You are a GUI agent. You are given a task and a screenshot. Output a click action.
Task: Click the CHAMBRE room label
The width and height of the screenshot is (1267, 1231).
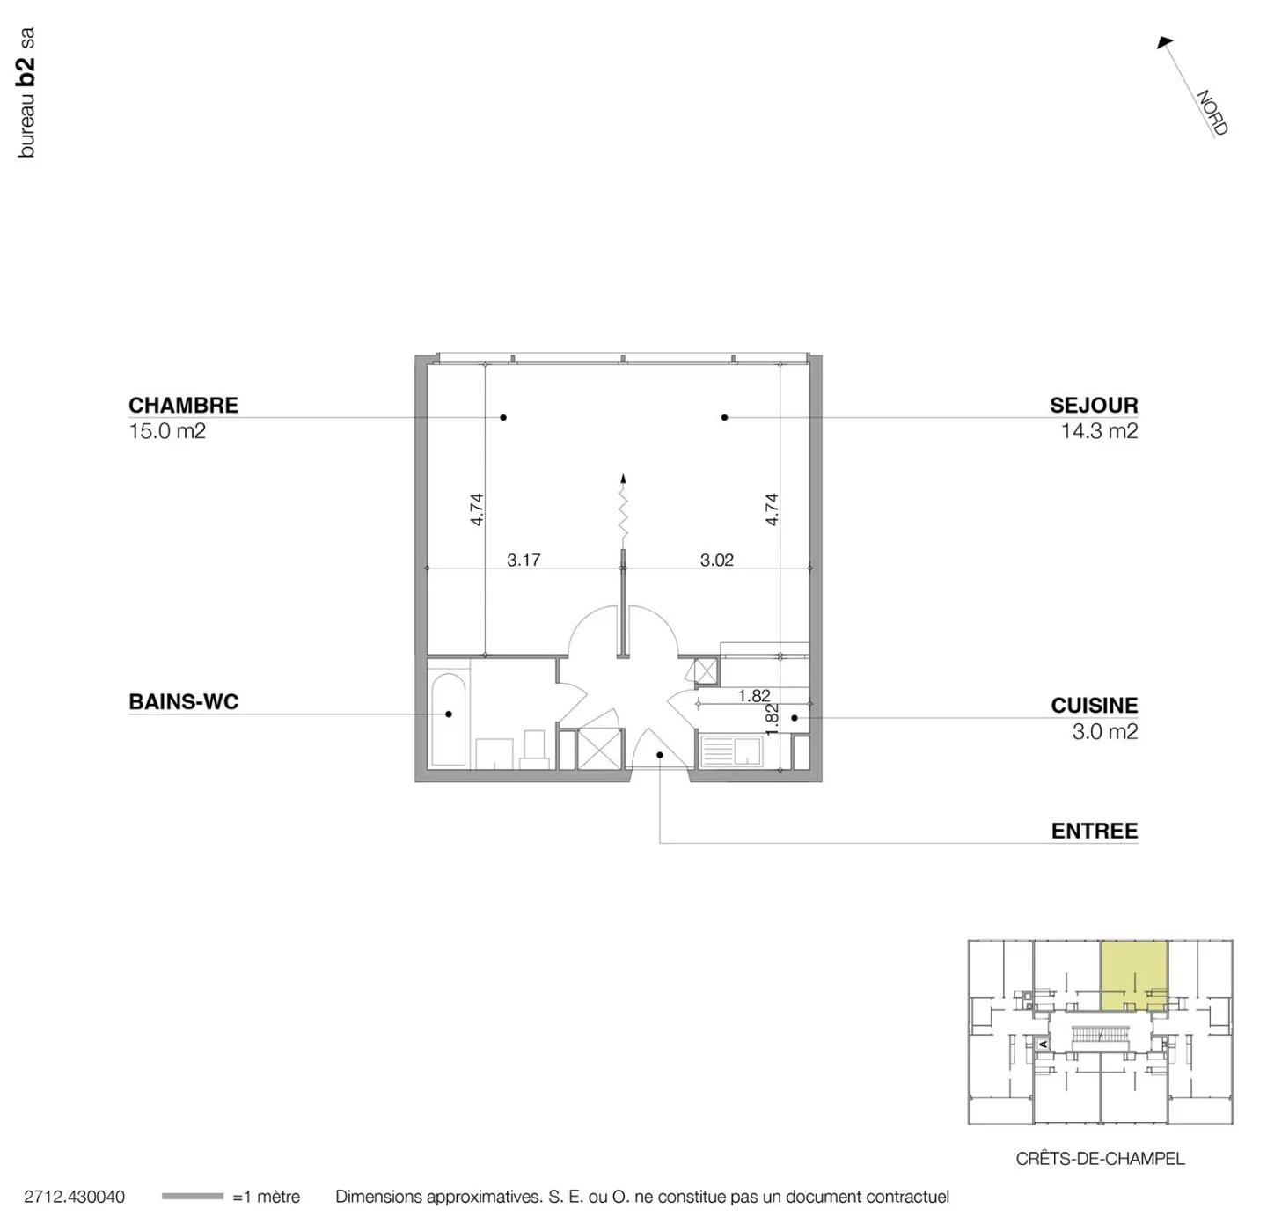(x=183, y=406)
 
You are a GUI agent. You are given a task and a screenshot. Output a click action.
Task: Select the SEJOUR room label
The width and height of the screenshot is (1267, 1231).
(x=1093, y=406)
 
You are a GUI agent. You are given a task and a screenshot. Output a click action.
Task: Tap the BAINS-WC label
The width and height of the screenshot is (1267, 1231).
(x=183, y=702)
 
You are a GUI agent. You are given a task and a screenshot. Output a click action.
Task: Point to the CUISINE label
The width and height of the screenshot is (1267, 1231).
(x=1094, y=706)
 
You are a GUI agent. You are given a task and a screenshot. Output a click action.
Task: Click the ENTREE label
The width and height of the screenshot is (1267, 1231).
(x=1094, y=832)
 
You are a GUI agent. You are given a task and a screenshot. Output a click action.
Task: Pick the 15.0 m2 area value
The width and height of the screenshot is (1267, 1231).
(x=167, y=431)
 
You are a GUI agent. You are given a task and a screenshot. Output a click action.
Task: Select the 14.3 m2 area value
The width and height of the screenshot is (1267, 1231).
(x=1099, y=431)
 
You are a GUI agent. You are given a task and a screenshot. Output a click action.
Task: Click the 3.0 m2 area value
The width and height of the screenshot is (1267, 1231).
(x=1104, y=732)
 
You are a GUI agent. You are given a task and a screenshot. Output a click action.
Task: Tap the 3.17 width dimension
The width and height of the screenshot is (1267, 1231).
(x=524, y=560)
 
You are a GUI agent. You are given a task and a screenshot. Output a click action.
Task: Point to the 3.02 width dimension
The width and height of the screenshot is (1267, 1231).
(x=716, y=560)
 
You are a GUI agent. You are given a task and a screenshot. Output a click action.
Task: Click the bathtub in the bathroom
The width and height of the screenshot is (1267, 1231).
(x=449, y=720)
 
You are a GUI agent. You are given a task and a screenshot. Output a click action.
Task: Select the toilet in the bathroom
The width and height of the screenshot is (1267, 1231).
(x=534, y=749)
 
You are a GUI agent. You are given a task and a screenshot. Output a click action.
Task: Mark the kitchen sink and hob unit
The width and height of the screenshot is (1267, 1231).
(x=730, y=752)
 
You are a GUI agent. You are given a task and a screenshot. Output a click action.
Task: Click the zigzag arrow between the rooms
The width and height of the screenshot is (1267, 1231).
(x=623, y=510)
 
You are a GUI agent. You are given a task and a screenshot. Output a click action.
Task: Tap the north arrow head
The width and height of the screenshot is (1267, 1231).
(x=1165, y=41)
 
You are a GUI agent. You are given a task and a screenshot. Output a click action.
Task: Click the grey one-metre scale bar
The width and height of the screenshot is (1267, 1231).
(x=192, y=1197)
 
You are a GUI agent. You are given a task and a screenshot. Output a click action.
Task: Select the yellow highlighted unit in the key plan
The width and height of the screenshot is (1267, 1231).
(x=1133, y=974)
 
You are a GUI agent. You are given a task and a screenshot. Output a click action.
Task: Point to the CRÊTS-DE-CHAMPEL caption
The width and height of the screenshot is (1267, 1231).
(x=1100, y=1159)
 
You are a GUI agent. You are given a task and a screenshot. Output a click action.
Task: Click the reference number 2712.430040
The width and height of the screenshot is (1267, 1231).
(x=74, y=1197)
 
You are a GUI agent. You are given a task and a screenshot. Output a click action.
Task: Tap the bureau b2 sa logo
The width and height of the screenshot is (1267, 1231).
(x=26, y=92)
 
